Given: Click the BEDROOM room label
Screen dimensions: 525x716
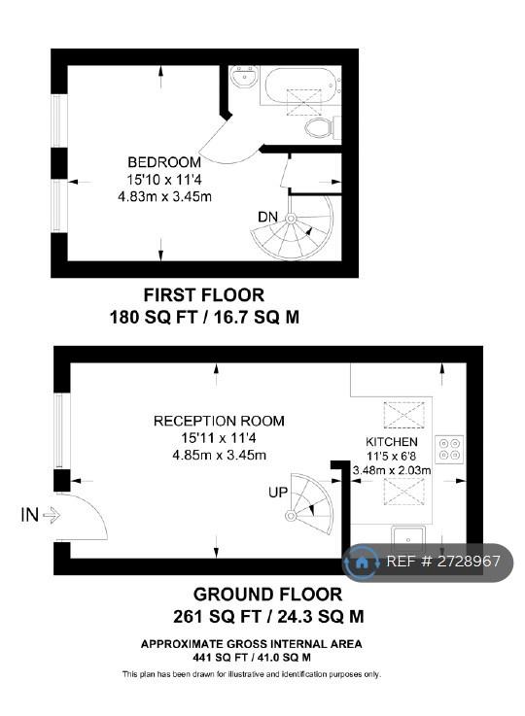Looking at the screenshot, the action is click(x=164, y=162).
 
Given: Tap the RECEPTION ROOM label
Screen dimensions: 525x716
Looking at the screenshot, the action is click(x=219, y=421).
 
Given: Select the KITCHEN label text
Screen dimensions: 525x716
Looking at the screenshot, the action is click(x=392, y=442).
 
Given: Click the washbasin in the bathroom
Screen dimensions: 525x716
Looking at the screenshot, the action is click(x=244, y=76).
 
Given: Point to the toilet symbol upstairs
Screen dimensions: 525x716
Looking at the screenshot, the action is click(x=322, y=127).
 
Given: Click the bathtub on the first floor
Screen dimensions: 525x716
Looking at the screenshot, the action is click(x=301, y=85).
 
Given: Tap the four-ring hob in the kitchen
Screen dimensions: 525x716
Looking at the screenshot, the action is click(x=449, y=450).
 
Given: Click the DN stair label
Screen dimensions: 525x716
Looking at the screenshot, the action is click(x=267, y=217).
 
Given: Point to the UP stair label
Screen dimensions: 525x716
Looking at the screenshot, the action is click(x=278, y=493).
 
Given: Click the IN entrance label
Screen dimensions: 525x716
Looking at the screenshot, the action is click(x=30, y=516).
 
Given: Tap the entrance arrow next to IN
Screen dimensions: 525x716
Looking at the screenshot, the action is click(x=52, y=516).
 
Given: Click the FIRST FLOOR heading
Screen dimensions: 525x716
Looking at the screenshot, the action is click(x=204, y=295).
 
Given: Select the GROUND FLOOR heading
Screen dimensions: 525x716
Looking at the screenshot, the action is click(x=267, y=595).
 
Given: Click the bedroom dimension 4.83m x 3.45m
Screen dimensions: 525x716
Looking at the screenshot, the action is click(x=164, y=197).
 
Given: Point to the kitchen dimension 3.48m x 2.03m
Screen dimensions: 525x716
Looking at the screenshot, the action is click(x=392, y=469).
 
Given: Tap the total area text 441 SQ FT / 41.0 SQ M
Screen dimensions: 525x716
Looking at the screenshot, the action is click(x=251, y=658).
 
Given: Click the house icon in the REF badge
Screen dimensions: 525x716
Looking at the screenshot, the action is click(x=362, y=563).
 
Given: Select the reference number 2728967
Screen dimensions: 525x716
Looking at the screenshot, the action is click(x=469, y=562).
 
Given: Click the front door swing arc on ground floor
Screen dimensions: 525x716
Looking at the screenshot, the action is click(x=97, y=512).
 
